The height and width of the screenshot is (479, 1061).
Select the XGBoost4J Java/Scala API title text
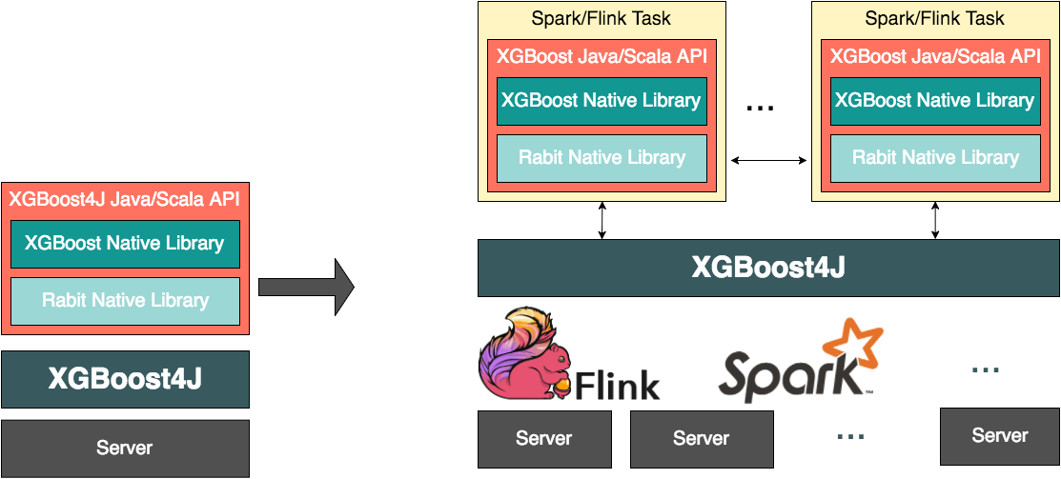click(124, 200)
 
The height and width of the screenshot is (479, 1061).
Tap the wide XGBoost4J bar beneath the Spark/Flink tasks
click(767, 268)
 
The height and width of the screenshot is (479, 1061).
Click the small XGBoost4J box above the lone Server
click(125, 379)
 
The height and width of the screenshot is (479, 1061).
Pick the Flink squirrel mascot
click(520, 352)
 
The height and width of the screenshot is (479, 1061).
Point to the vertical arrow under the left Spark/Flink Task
click(602, 220)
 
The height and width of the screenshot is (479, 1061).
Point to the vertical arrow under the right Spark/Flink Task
click(934, 220)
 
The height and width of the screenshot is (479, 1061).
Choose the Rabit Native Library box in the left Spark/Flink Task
click(602, 158)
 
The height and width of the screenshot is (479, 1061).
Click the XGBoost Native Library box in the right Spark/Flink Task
click(934, 101)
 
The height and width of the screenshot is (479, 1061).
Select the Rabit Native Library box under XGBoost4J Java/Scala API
click(125, 301)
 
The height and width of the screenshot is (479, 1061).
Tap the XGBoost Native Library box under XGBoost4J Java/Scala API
click(125, 244)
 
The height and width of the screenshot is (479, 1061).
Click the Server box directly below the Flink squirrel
click(543, 439)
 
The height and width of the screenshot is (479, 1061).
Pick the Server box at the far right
click(999, 436)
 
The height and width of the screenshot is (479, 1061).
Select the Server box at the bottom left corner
click(125, 448)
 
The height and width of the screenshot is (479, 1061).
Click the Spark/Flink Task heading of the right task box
click(934, 18)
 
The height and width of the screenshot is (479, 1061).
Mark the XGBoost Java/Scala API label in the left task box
click(602, 55)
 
